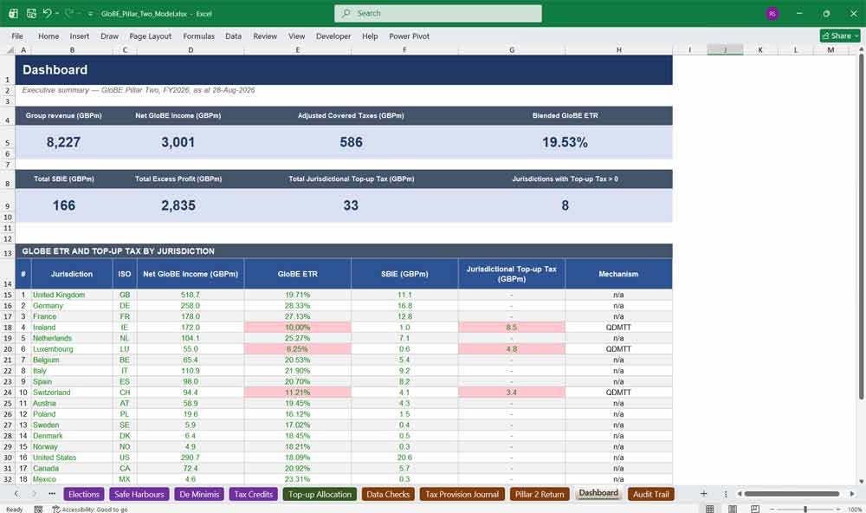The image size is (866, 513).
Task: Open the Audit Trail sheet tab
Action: coord(650,494)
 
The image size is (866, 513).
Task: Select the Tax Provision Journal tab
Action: coord(462,494)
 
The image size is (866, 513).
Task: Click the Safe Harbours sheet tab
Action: coord(139,494)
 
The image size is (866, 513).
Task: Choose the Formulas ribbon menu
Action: coord(199,36)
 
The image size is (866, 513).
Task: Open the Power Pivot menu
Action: coord(410,36)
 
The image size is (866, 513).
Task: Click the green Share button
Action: coord(840,36)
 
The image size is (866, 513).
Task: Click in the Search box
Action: coord(438,13)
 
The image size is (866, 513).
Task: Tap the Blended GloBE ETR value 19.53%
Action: coord(565,142)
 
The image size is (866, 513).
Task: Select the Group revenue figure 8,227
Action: coord(63,142)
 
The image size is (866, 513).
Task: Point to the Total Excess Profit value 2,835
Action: coord(178,205)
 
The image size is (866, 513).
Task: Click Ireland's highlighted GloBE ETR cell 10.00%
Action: coord(298,328)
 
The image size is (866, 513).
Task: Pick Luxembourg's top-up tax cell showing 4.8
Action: coord(512,349)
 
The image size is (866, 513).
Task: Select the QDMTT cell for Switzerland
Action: coord(618,393)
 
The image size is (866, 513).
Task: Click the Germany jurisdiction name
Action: coord(48,306)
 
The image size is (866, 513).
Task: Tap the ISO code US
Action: coord(125,458)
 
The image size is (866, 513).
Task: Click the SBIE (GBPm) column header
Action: coord(404,274)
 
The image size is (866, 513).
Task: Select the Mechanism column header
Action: coord(618,274)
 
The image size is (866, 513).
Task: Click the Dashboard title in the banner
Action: coord(55,69)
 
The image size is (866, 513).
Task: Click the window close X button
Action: coord(853,13)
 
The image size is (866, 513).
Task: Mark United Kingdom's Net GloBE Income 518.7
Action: coord(191,295)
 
